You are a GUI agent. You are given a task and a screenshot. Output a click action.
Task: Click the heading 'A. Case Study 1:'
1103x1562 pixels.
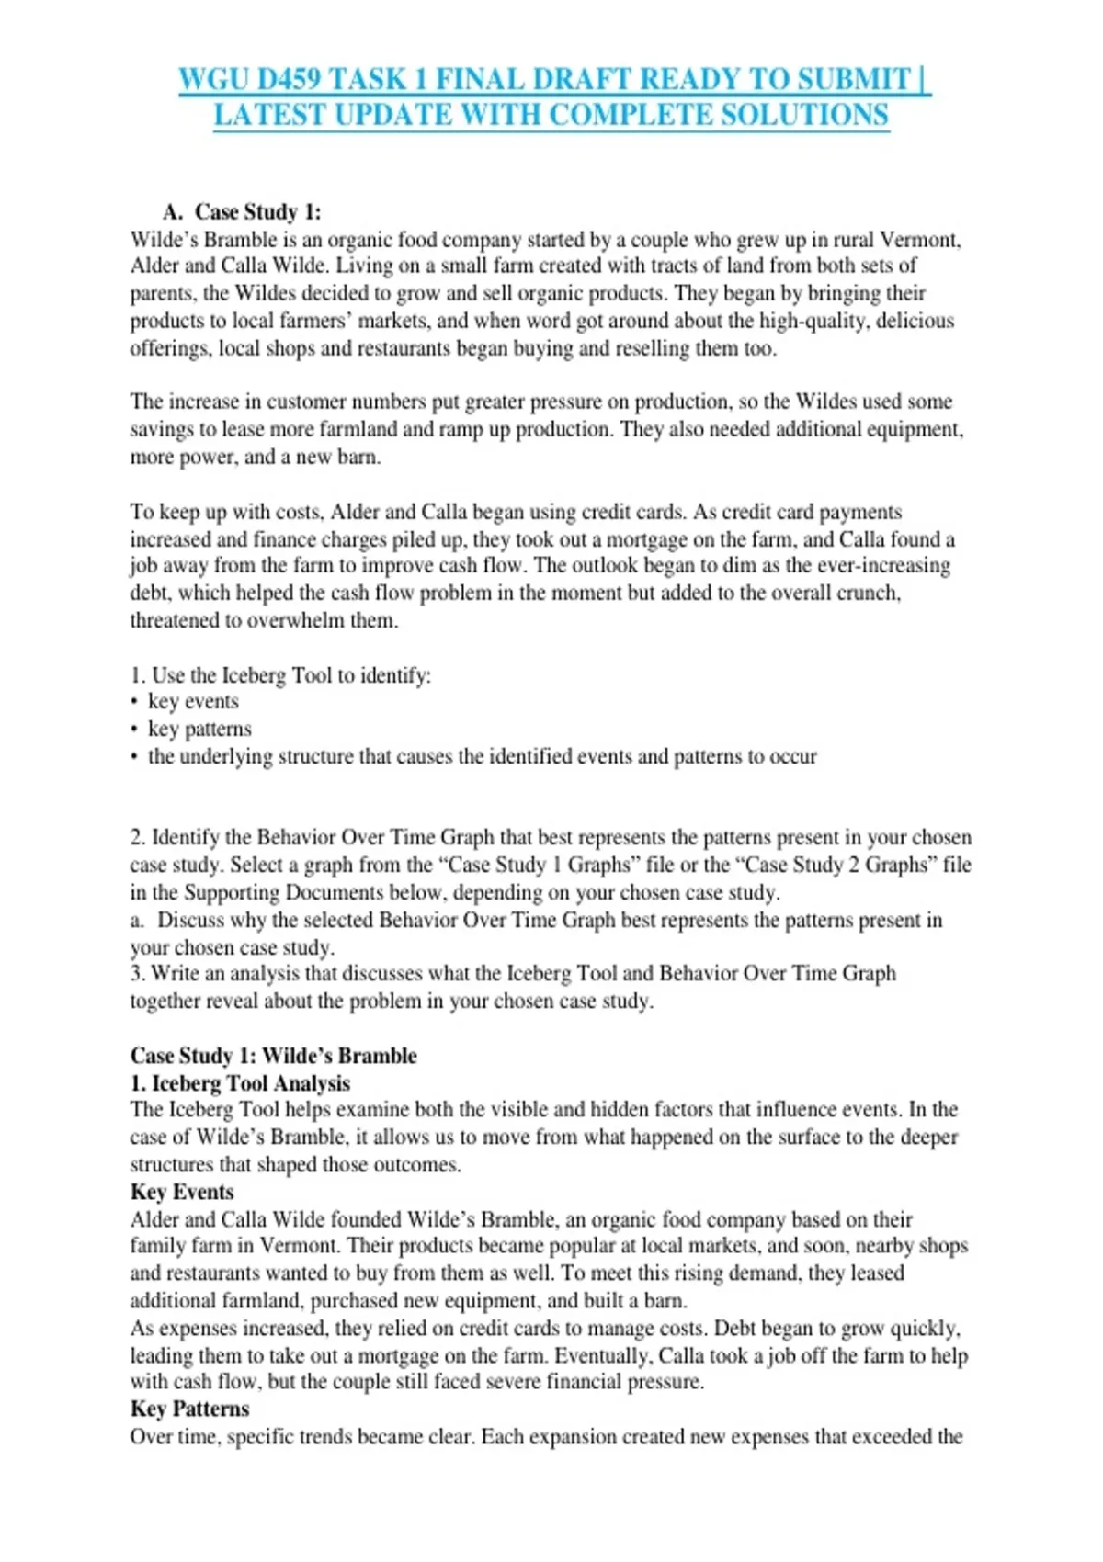point(242,212)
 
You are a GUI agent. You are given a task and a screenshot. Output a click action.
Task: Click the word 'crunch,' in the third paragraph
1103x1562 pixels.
point(868,593)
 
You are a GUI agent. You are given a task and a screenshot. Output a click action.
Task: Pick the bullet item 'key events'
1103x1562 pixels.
point(193,701)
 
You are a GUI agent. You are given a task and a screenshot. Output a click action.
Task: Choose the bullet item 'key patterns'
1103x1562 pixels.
point(199,729)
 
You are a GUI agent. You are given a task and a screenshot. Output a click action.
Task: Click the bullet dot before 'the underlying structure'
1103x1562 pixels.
point(134,757)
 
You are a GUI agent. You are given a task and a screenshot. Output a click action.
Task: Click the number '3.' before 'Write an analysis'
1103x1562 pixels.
point(138,973)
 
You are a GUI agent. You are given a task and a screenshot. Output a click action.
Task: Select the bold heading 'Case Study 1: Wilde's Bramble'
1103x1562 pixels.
point(273,1056)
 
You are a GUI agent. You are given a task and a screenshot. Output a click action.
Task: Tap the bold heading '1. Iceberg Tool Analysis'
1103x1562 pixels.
point(240,1083)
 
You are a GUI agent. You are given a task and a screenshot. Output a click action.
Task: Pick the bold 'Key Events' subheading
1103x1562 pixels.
point(182,1192)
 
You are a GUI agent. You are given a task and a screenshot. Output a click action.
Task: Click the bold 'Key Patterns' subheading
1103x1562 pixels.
point(189,1409)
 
